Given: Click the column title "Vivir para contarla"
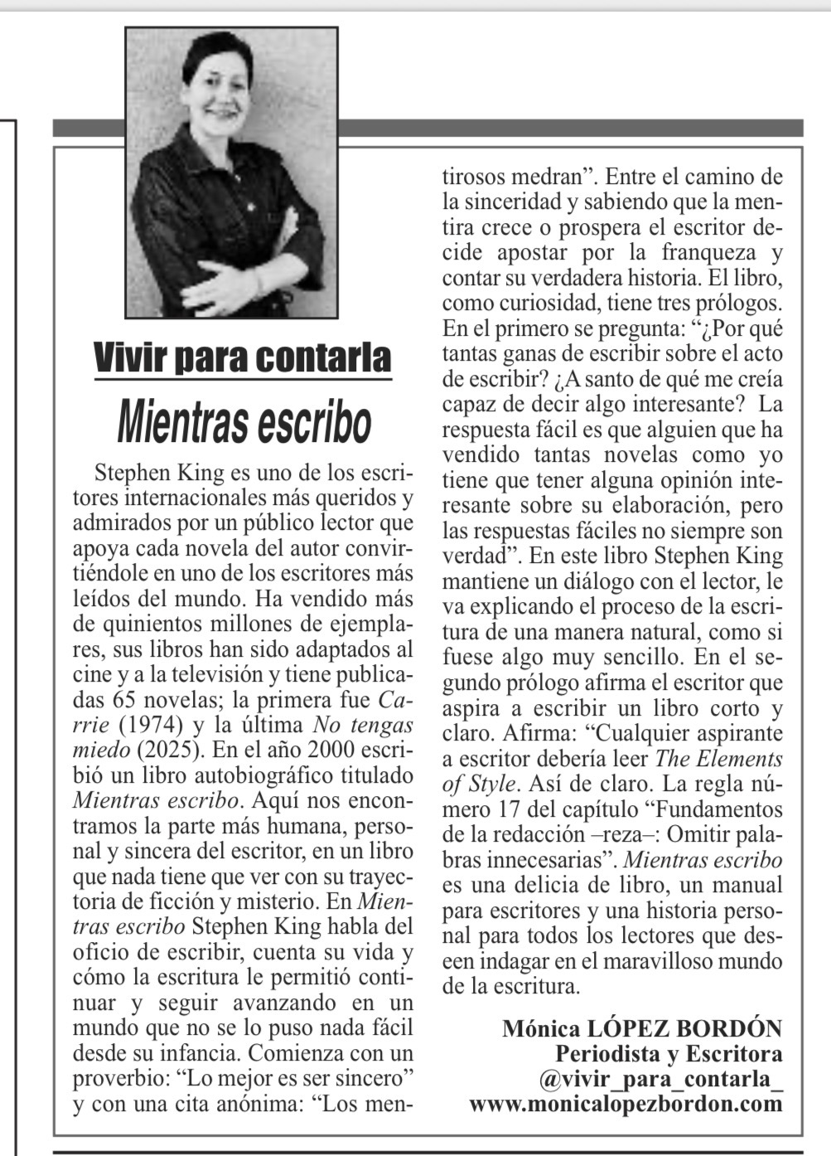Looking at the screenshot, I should click(242, 357).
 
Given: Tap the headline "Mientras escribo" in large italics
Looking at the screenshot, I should click(244, 421).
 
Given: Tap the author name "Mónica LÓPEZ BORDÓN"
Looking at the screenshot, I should click(641, 1029).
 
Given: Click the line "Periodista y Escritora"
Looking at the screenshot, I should click(668, 1055).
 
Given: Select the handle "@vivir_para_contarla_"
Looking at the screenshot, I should click(659, 1080).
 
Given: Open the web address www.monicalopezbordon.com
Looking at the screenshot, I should click(626, 1105).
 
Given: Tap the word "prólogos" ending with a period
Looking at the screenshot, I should click(734, 303).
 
